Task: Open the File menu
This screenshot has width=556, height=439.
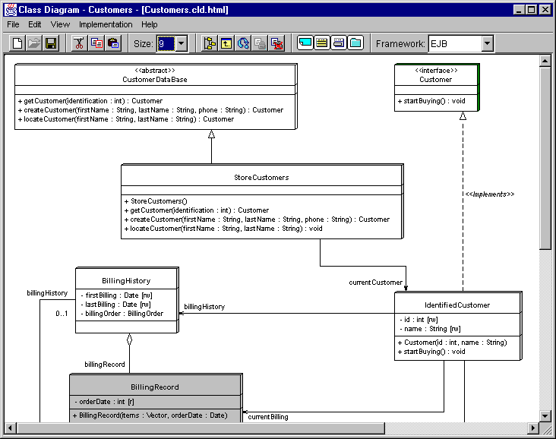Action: tap(13, 24)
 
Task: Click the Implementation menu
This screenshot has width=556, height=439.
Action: tap(106, 24)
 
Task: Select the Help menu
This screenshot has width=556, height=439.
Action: tap(150, 24)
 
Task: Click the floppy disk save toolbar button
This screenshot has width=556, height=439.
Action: tap(51, 43)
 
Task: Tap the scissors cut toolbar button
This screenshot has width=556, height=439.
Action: tap(79, 43)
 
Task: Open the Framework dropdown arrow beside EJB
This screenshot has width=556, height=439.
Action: tap(487, 43)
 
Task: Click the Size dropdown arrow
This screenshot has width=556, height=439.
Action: tap(182, 43)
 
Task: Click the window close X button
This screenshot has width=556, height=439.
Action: tap(545, 10)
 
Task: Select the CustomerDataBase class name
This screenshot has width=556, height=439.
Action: tap(155, 80)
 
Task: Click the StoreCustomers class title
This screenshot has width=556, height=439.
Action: tap(261, 177)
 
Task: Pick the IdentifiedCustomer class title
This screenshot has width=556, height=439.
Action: tap(457, 305)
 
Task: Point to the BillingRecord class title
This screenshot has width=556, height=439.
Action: tap(155, 387)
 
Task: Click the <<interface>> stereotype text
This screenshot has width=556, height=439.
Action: tap(436, 70)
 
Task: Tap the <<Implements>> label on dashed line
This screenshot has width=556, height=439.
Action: tap(489, 194)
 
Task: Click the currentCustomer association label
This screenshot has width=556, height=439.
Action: tap(375, 283)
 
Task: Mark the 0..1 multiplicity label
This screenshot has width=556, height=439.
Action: tap(62, 314)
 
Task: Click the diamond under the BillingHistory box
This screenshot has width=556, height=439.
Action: tap(129, 340)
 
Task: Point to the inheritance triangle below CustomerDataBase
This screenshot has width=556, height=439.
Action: tap(212, 134)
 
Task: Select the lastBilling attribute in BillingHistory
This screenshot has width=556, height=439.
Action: tap(115, 305)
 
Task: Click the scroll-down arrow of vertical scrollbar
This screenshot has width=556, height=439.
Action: tap(545, 415)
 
